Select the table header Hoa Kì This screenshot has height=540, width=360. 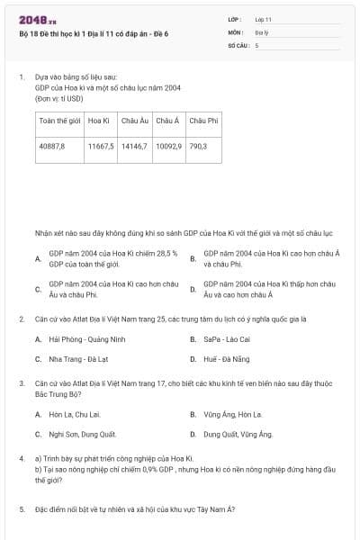(x=99, y=120)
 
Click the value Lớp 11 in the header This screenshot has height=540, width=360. (x=263, y=19)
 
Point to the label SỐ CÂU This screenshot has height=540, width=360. (x=237, y=44)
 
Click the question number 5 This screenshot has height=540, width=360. (x=22, y=509)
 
